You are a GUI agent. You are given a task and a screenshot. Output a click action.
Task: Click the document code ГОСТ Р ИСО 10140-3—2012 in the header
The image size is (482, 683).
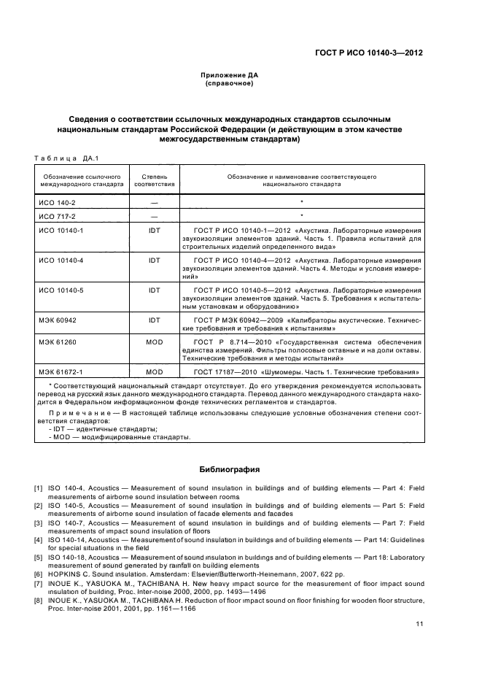click(371, 53)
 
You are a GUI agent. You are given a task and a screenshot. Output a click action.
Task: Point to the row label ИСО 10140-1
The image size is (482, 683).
click(58, 231)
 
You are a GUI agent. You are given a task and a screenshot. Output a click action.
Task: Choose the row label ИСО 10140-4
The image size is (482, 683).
click(58, 260)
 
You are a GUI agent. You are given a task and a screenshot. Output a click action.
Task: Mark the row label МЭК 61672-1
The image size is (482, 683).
click(59, 372)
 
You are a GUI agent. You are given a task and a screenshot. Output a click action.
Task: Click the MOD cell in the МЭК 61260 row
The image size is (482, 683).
click(154, 341)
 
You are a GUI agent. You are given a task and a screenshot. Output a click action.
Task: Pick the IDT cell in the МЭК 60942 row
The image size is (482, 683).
click(154, 320)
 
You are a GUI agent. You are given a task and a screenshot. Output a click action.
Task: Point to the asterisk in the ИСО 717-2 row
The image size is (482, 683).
click(301, 216)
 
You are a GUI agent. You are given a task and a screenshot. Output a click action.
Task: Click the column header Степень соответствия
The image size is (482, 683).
click(154, 180)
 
